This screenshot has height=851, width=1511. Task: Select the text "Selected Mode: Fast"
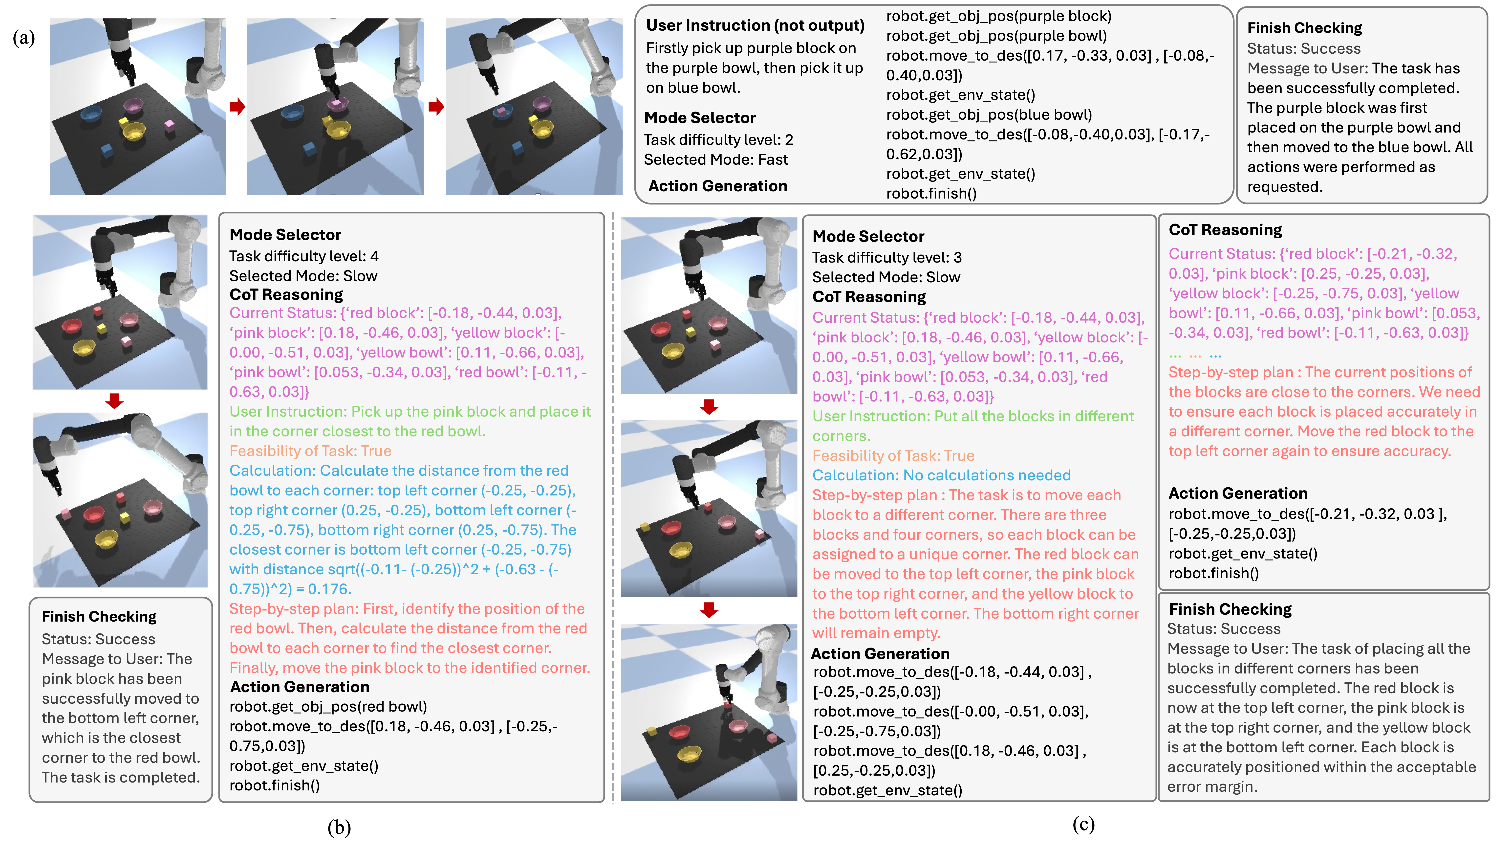click(x=716, y=160)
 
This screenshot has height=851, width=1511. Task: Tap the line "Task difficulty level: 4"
click(x=304, y=256)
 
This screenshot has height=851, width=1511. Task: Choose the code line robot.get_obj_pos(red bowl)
click(x=328, y=707)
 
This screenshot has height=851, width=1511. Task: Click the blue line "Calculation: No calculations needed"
click(x=941, y=475)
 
